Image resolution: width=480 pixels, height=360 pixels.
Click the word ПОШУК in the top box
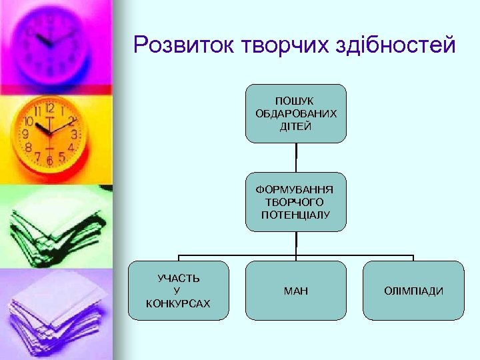tap(296, 100)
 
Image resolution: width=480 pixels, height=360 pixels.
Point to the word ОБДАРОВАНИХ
tap(296, 113)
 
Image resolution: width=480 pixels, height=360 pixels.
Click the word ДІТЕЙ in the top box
tap(296, 126)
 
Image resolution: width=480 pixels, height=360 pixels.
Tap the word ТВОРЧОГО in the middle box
tap(296, 201)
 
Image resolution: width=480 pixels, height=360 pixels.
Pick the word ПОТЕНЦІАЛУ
tap(296, 215)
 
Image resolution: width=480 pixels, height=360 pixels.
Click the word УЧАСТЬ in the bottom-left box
tap(178, 277)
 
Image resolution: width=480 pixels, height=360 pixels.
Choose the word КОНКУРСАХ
tap(178, 303)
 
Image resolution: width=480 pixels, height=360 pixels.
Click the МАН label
tap(296, 291)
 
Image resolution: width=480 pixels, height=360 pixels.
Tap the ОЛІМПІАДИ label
tap(413, 291)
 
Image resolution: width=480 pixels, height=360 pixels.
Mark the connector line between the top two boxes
tap(296, 159)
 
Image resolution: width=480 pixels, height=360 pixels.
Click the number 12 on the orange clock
tap(49, 108)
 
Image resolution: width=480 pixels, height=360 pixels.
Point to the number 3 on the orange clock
tap(74, 134)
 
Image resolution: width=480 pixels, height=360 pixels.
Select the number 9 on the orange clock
tap(25, 134)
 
